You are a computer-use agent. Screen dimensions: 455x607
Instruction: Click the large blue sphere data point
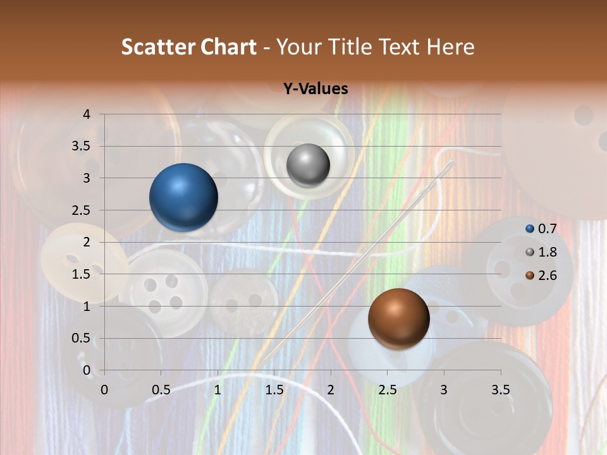tap(183, 197)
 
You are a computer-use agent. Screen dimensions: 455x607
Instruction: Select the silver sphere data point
tap(308, 166)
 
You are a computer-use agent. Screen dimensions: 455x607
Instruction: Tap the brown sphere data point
tap(398, 318)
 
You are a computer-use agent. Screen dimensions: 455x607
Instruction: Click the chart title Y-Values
tap(316, 89)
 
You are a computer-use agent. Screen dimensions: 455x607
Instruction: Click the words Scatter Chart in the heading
tap(189, 47)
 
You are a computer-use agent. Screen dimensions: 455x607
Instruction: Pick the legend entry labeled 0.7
tap(546, 228)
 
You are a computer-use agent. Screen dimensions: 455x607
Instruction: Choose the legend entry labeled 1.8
tap(546, 252)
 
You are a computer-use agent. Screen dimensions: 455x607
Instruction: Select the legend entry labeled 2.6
tap(546, 276)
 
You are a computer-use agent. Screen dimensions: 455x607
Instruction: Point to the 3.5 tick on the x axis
tap(500, 390)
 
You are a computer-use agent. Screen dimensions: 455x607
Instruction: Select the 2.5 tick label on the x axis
tap(387, 390)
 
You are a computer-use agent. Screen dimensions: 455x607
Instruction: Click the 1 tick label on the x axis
tap(218, 390)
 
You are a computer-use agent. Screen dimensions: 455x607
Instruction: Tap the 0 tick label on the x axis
tap(104, 390)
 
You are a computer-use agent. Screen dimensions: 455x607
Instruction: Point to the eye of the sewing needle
tap(450, 164)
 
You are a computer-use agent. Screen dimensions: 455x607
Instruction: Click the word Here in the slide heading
tap(450, 47)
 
